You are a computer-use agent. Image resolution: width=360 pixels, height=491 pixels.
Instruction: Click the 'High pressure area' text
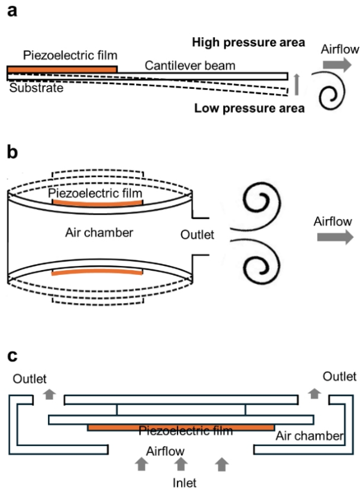(248, 43)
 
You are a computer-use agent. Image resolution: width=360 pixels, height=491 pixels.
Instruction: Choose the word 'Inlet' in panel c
(181, 480)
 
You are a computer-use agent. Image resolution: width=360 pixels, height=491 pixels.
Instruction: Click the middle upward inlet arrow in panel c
(181, 462)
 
